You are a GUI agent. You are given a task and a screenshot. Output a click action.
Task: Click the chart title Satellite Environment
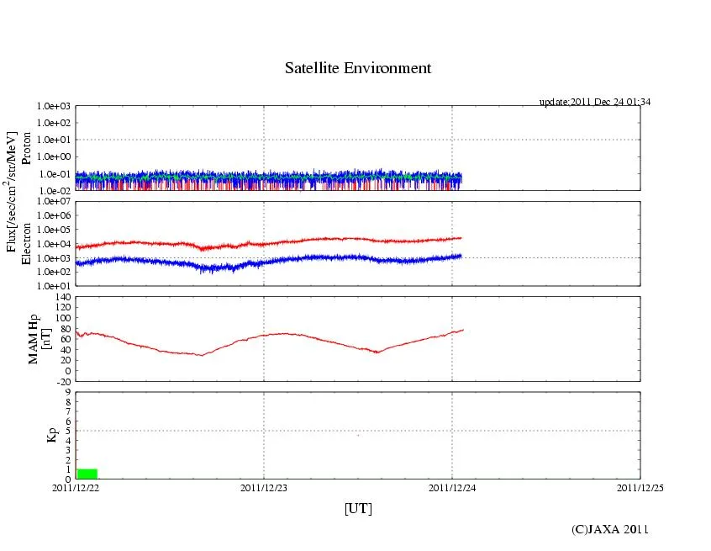(358, 68)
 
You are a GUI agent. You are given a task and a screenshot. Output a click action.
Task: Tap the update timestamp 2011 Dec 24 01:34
(595, 102)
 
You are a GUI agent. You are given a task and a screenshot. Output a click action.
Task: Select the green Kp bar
(87, 474)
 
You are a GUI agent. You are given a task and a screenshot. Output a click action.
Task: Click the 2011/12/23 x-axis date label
(264, 487)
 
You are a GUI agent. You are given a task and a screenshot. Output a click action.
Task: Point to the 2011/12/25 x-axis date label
(640, 487)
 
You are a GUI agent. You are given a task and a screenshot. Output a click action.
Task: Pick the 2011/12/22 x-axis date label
(76, 487)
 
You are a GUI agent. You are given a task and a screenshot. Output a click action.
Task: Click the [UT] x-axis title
(358, 509)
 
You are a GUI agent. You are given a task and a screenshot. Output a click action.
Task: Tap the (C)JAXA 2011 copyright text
(610, 529)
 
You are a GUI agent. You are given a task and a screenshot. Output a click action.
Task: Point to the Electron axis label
(27, 244)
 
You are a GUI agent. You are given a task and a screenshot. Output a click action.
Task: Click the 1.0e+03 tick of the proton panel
(54, 107)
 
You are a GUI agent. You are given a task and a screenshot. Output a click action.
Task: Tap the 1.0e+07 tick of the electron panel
(54, 202)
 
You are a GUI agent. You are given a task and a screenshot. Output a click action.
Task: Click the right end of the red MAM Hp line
(462, 330)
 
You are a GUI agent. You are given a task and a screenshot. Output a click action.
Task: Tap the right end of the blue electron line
(461, 255)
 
